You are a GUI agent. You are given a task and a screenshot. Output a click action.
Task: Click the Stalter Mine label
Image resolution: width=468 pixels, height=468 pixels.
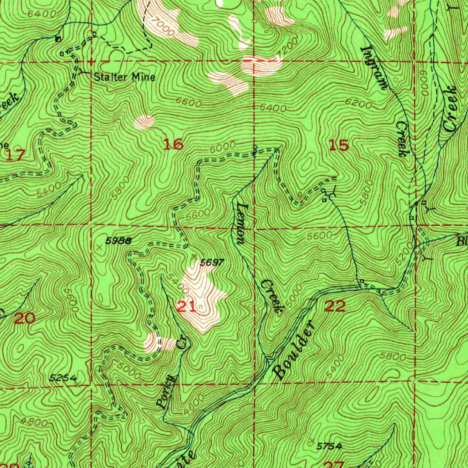pyautogui.click(x=124, y=77)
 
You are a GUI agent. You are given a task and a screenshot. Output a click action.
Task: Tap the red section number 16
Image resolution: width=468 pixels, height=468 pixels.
pyautogui.click(x=174, y=145)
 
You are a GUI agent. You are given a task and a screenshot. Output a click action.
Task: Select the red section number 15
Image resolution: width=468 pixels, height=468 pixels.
pyautogui.click(x=339, y=145)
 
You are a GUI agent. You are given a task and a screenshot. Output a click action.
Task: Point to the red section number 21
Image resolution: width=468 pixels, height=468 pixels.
pyautogui.click(x=186, y=307)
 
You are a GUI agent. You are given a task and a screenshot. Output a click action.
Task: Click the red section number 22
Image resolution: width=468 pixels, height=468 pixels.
pyautogui.click(x=334, y=306)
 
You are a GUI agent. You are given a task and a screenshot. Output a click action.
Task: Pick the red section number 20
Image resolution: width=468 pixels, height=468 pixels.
pyautogui.click(x=25, y=318)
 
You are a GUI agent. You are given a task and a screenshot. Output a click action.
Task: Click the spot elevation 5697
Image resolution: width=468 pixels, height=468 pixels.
pyautogui.click(x=212, y=262)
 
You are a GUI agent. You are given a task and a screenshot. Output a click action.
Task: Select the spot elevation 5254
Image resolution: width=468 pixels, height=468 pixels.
pyautogui.click(x=62, y=378)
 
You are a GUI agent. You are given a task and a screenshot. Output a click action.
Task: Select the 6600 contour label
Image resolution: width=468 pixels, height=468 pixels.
pyautogui.click(x=188, y=104)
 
